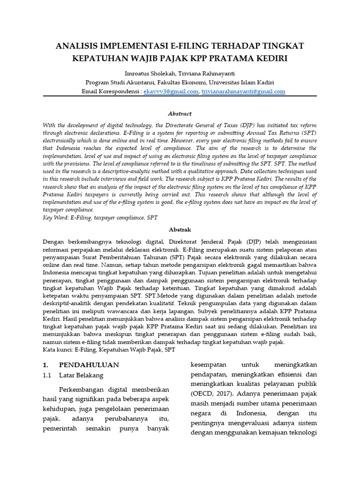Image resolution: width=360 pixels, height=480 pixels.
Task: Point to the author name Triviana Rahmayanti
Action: click(206, 74)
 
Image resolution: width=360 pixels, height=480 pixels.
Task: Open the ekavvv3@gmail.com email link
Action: click(171, 91)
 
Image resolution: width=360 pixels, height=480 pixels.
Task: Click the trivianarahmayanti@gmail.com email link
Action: click(243, 91)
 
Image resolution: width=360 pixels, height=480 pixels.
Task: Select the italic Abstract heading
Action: click(180, 113)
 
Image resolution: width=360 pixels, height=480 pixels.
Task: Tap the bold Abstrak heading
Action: click(180, 230)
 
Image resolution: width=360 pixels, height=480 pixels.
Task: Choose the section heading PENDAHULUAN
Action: click(89, 365)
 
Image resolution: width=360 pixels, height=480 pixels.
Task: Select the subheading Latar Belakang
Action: click(81, 375)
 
